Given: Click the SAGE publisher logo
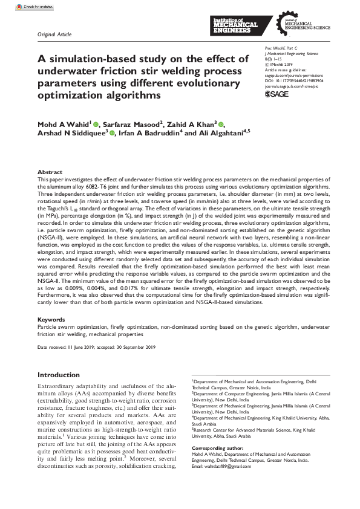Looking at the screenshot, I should tap(277, 95).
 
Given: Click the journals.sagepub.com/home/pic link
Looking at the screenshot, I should tap(291, 86).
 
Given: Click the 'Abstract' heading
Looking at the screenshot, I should tap(50, 172).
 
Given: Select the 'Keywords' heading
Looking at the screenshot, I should tap(51, 319).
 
